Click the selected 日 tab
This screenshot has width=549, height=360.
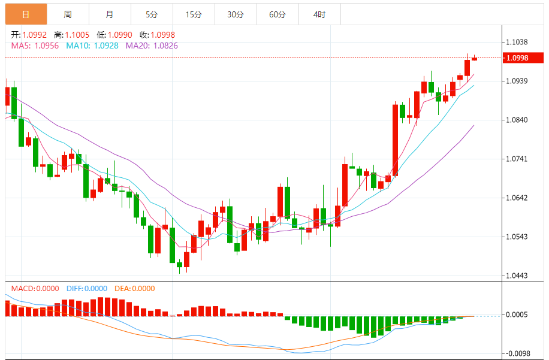[25, 14]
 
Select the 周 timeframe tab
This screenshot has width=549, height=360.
[68, 14]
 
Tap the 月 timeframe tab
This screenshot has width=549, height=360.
[109, 14]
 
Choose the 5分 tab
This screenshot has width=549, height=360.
[152, 14]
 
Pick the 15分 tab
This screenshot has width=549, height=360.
[194, 14]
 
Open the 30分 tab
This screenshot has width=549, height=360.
[236, 14]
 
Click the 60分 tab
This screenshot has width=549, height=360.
[277, 14]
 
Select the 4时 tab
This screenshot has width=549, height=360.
[319, 14]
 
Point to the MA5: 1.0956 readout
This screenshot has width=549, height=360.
[35, 45]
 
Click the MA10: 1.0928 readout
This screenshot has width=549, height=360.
[92, 45]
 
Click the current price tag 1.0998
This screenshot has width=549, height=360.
[517, 58]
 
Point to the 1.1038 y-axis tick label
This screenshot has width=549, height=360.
[517, 43]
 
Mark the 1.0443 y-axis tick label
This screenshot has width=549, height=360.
[517, 276]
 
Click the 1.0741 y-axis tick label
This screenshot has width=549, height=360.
[517, 159]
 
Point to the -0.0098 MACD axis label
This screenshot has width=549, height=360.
[517, 353]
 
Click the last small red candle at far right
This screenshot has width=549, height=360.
[474, 59]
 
